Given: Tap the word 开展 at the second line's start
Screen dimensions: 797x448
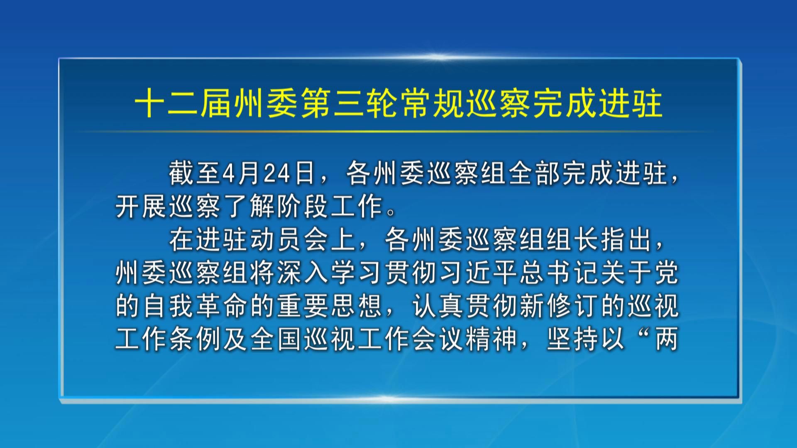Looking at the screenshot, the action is click(x=142, y=206).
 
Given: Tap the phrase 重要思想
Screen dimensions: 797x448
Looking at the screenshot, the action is click(x=330, y=306).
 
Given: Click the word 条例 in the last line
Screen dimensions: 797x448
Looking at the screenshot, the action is click(x=196, y=339).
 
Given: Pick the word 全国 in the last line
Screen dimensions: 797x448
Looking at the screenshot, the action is click(x=276, y=339).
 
